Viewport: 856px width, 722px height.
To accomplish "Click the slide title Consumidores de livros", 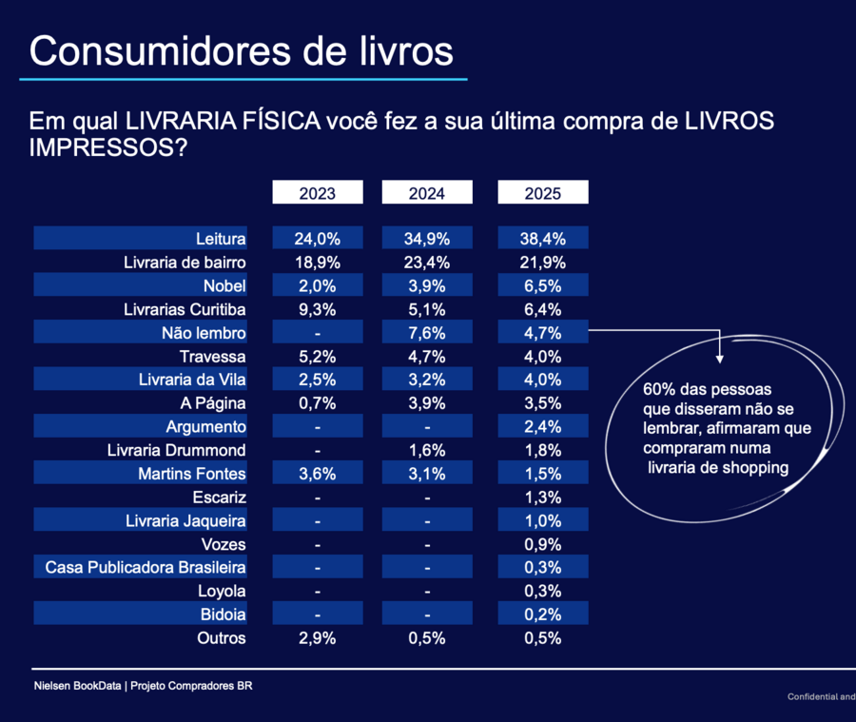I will [x=242, y=51].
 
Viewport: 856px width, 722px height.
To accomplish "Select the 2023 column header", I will [x=318, y=193].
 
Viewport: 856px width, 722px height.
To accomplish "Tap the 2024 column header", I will [x=427, y=193].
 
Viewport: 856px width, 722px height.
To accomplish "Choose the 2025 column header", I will [x=543, y=193].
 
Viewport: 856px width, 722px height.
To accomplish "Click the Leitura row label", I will [x=221, y=239].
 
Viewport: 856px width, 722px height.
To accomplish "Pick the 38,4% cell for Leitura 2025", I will [x=543, y=239].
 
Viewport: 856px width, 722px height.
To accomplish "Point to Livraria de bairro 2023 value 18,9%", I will [x=318, y=263].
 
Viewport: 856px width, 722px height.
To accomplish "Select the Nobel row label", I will [x=224, y=286].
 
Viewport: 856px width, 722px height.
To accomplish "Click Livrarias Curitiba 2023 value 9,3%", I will [x=318, y=309].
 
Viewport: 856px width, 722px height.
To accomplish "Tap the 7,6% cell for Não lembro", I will [x=427, y=333].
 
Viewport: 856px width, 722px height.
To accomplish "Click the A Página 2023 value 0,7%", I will [x=318, y=403].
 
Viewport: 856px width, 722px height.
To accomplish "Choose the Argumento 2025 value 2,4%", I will [x=543, y=427].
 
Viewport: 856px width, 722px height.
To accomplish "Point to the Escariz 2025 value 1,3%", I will [x=543, y=498].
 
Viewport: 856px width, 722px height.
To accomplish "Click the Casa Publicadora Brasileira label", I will [x=146, y=568].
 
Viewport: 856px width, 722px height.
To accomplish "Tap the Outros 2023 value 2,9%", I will [x=318, y=638].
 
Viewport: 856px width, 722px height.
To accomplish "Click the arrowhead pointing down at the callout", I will [x=720, y=358].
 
